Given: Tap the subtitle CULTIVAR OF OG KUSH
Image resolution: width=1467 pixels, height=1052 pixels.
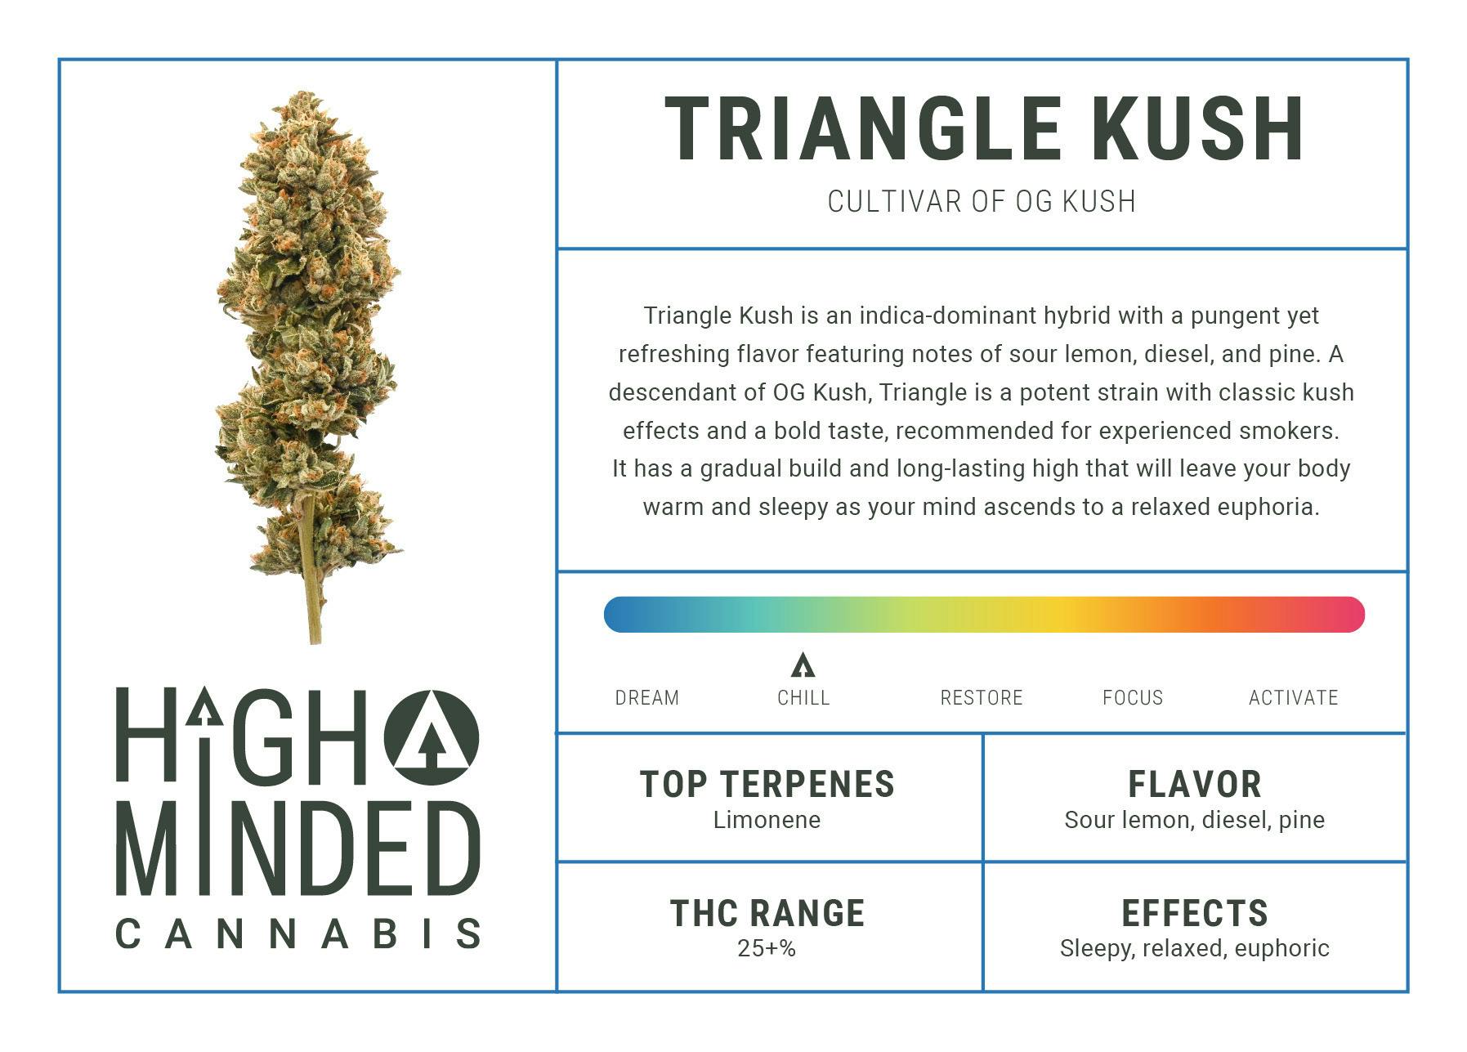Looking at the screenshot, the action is [x=982, y=201].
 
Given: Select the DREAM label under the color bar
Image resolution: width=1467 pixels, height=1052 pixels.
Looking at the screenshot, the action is [x=647, y=698].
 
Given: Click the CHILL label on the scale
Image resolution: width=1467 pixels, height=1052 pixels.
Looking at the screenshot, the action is [x=803, y=698].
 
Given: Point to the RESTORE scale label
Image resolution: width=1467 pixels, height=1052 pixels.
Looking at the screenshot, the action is [x=982, y=698].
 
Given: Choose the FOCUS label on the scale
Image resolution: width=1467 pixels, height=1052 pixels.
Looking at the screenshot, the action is [x=1133, y=698].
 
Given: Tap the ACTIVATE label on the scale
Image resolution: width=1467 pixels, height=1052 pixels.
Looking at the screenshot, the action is [x=1294, y=698].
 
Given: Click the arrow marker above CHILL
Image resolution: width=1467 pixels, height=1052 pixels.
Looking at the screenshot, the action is [x=803, y=665].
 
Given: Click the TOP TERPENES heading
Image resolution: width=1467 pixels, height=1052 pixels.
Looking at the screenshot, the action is [x=767, y=784].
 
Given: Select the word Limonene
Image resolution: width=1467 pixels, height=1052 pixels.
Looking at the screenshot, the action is [x=767, y=820].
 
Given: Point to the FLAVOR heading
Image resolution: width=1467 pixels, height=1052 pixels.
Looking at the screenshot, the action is [x=1195, y=784].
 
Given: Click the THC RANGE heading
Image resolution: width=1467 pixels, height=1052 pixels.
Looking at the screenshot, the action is [x=767, y=913].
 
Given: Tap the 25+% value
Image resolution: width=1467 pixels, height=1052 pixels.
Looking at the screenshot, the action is [x=767, y=949].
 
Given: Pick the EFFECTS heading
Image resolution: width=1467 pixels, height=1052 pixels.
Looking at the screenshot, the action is [x=1195, y=913].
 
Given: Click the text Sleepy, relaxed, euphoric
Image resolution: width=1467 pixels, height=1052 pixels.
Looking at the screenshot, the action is [x=1195, y=949].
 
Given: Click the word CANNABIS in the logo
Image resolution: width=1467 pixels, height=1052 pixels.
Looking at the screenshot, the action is [x=298, y=933].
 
